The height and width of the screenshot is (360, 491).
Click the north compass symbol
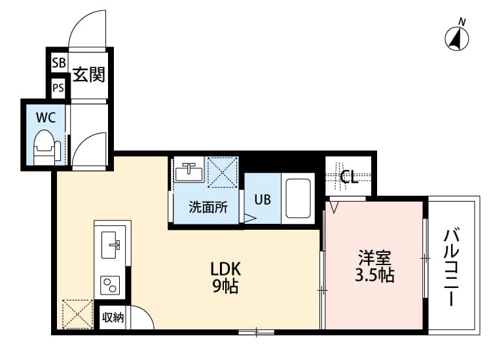coord(458,37)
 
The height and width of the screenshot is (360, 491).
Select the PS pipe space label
coord(58,87)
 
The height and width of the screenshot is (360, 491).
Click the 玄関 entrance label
coord(88,75)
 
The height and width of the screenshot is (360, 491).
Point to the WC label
coord(45,118)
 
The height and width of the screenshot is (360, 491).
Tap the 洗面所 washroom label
coord(208,208)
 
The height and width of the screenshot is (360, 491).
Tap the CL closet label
coord(349,177)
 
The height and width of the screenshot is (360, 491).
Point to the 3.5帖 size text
coord(374,275)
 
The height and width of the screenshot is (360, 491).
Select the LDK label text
coord(226,268)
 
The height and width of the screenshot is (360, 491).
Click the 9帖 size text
coord(226,286)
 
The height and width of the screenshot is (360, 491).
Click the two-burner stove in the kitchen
coord(110,285)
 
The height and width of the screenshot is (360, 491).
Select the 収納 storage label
coord(113,318)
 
